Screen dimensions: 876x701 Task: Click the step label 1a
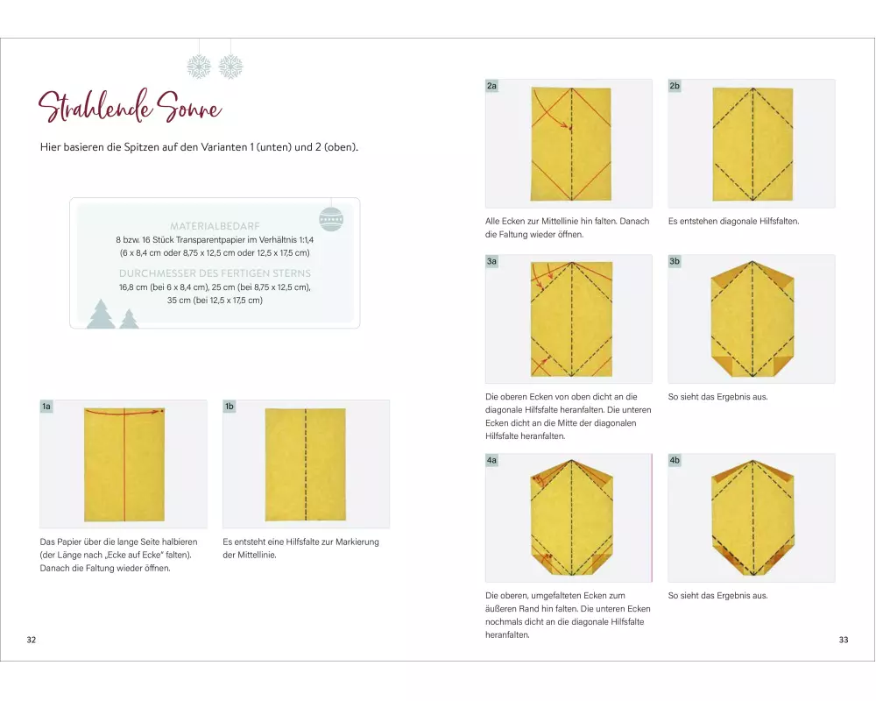tap(46, 407)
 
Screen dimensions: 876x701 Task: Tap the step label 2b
tap(675, 86)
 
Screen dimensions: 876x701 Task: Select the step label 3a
tap(491, 261)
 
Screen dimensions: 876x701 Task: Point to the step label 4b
tap(675, 460)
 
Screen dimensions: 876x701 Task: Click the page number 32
tap(32, 640)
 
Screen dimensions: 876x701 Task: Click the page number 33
tap(844, 640)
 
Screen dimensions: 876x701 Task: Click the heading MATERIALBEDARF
tap(215, 226)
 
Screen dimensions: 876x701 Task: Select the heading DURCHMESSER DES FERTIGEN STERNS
tap(215, 273)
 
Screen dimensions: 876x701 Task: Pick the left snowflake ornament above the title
tap(199, 67)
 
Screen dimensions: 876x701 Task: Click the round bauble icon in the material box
tap(331, 219)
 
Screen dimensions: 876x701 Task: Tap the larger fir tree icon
tap(101, 315)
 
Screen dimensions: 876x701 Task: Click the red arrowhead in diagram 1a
tap(160, 412)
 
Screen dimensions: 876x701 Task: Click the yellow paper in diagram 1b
tap(306, 464)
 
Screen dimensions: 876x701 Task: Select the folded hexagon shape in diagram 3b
tap(752, 319)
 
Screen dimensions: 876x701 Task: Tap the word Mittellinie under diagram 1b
tap(257, 555)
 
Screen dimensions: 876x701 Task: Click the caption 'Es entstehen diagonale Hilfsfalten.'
tap(733, 222)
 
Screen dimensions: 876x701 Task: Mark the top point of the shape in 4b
tap(752, 461)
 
